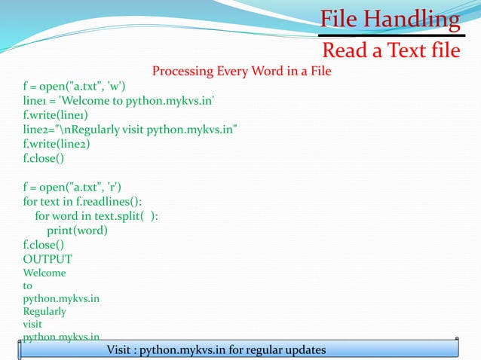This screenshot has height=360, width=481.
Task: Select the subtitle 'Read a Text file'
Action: [x=391, y=50]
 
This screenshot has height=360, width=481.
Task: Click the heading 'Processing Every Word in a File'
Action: [x=241, y=72]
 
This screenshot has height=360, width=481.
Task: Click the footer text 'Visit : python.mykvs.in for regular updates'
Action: [x=216, y=350]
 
